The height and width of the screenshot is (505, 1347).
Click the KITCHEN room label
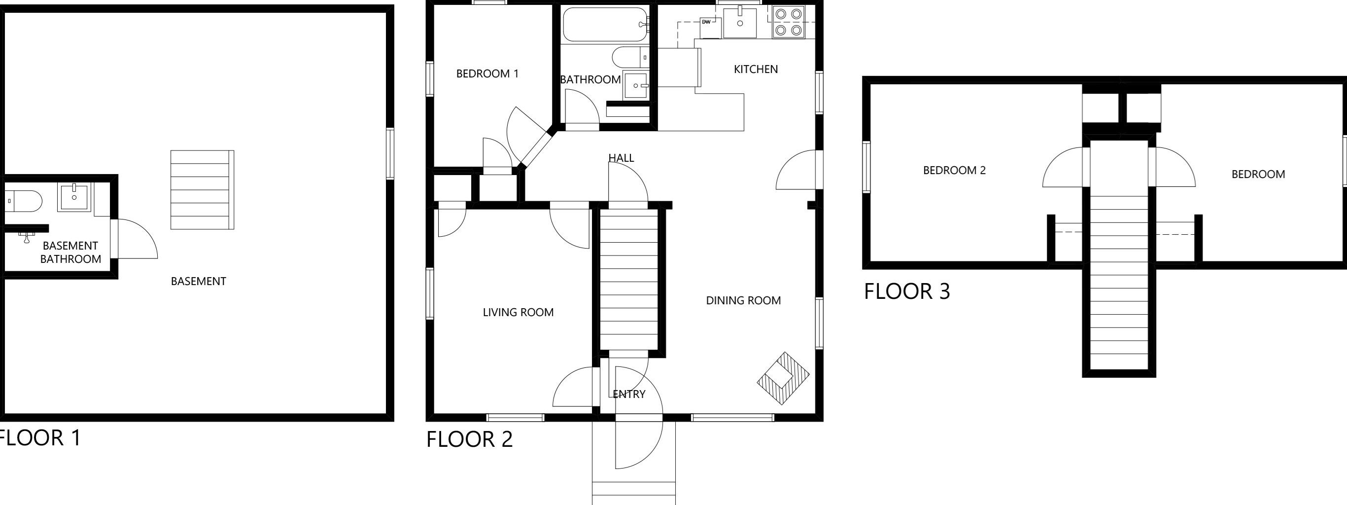tap(756, 69)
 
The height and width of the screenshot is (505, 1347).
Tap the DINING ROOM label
tap(743, 300)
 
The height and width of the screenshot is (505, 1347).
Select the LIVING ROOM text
tap(518, 313)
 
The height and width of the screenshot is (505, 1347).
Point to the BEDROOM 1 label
tap(487, 74)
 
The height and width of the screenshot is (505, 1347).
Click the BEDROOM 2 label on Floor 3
tap(954, 170)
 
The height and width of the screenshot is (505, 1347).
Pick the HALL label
tap(621, 157)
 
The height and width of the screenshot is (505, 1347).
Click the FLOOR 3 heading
tap(907, 291)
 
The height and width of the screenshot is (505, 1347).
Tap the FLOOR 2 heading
tap(470, 439)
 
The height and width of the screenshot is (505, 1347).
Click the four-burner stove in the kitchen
tap(788, 22)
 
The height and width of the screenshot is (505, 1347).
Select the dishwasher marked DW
tap(710, 28)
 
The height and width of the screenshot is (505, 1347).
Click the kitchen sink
tap(740, 22)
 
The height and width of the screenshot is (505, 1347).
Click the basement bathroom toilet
tap(24, 201)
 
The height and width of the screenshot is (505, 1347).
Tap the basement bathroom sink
tap(74, 197)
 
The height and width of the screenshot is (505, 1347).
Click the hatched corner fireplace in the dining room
tap(783, 378)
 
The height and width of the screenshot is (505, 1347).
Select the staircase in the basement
tap(203, 190)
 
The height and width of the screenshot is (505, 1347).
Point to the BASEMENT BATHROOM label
tap(70, 252)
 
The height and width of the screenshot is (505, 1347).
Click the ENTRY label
tap(629, 394)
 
